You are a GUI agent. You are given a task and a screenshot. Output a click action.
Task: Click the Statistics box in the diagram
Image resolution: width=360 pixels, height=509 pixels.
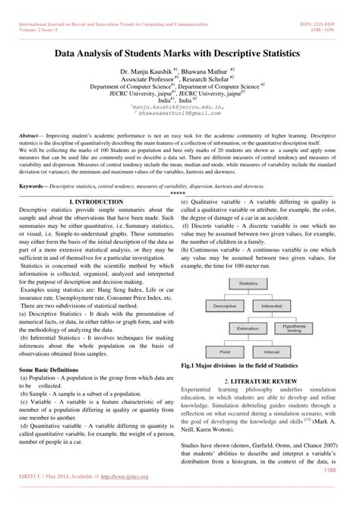(x=248, y=283)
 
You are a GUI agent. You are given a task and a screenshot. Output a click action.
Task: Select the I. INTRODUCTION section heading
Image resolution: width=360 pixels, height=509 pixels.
(x=96, y=201)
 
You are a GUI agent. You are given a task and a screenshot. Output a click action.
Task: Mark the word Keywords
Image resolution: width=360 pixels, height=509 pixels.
(x=34, y=185)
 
